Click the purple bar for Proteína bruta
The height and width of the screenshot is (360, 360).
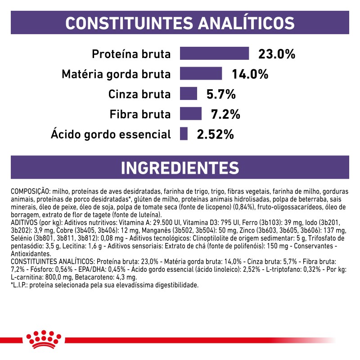coord(214,53)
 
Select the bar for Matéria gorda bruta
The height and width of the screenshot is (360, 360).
coord(201,73)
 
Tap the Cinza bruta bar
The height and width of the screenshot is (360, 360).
coord(189,94)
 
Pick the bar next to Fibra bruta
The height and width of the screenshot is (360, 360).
coord(191,113)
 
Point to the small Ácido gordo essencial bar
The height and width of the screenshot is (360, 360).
coord(184,134)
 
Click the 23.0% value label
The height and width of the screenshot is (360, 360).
coord(277,54)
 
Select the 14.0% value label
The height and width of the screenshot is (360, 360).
coord(250,74)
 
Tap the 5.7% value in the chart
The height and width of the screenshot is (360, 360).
coord(221,94)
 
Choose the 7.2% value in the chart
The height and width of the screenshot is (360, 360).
coord(225,114)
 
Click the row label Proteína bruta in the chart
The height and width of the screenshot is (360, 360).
coord(131,54)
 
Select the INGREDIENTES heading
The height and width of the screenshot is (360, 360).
coord(180,167)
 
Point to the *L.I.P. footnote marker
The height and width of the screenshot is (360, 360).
coord(20,285)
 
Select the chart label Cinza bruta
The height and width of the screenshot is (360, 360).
coord(139,94)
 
